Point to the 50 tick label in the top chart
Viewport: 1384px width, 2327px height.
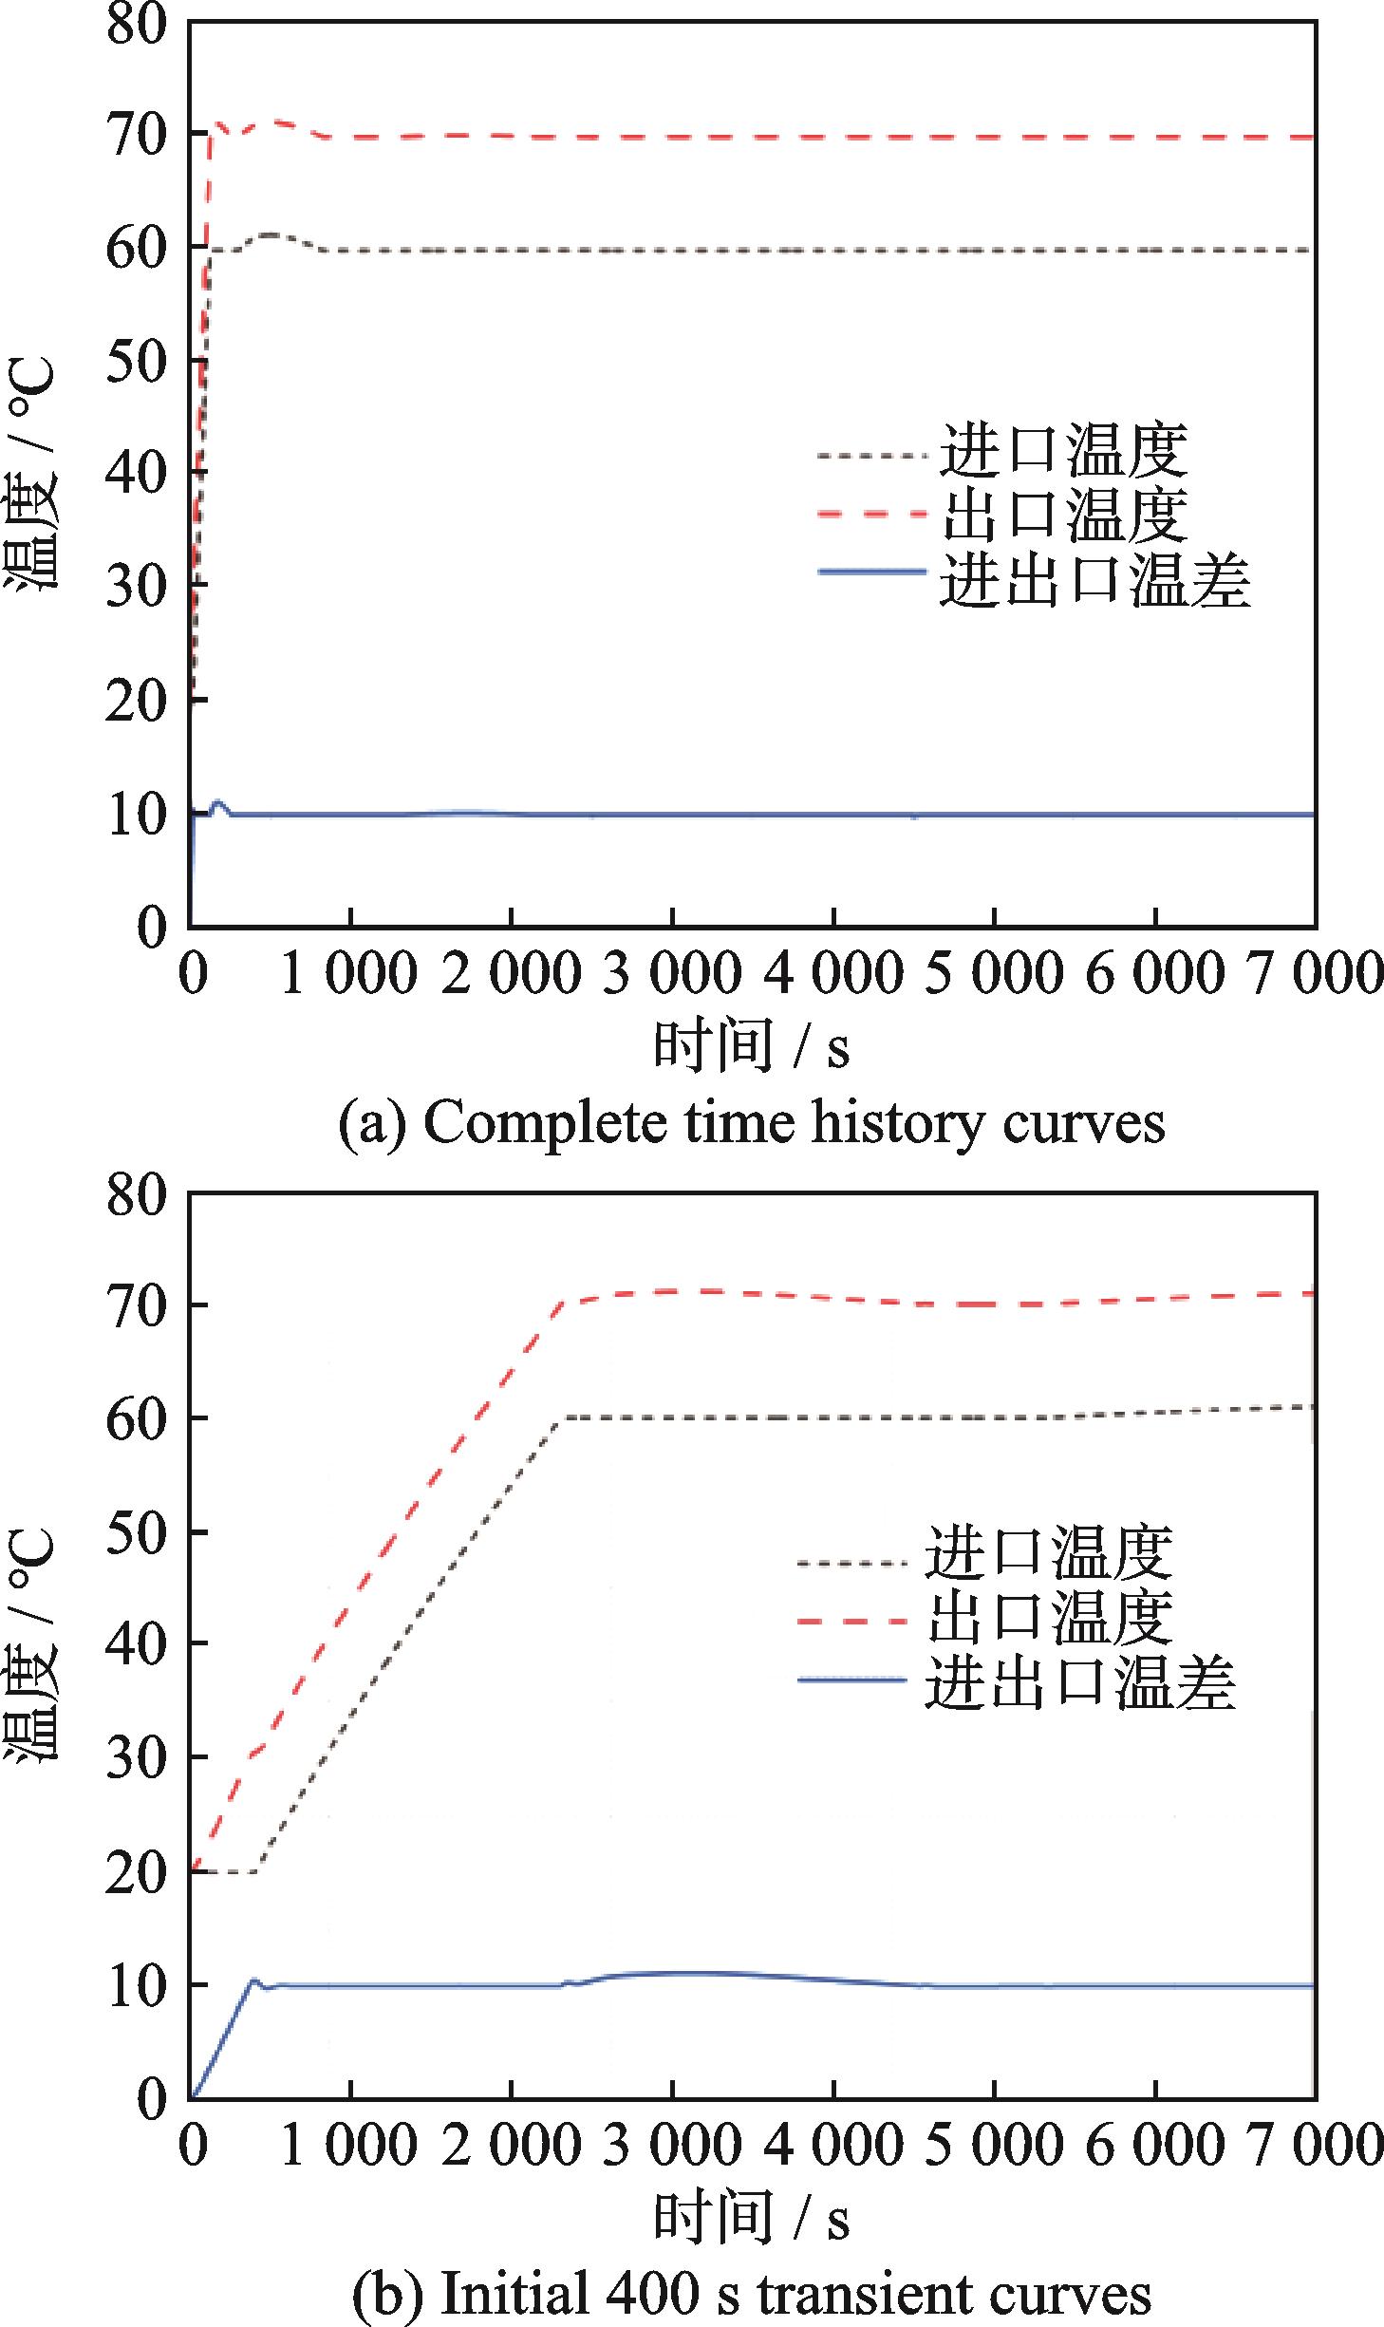point(136,361)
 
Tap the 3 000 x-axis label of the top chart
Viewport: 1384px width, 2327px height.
point(672,974)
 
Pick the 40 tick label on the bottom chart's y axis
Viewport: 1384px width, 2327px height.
point(136,1643)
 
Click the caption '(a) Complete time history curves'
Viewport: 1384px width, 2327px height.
point(751,1123)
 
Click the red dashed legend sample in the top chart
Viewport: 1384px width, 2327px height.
point(871,515)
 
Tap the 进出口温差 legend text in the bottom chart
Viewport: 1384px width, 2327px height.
point(1080,1682)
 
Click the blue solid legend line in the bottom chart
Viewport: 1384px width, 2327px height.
point(852,1680)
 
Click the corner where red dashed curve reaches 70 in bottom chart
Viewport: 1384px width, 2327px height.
point(563,1303)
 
